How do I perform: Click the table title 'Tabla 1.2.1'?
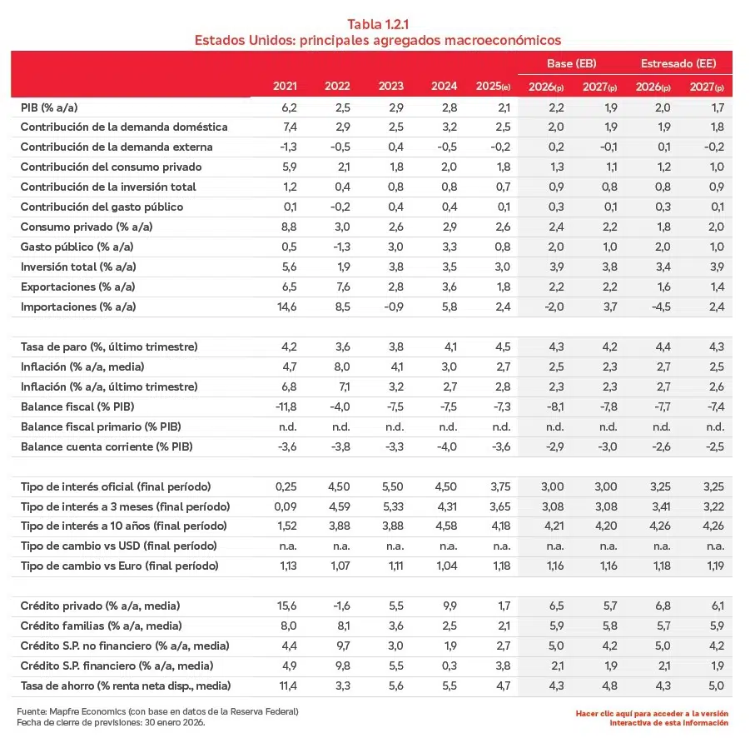[x=377, y=23]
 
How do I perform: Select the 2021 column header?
[x=285, y=87]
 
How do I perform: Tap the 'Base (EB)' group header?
[x=571, y=63]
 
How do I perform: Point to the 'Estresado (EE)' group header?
[x=678, y=63]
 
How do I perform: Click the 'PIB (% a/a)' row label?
[x=50, y=107]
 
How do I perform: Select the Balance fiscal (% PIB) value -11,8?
[x=284, y=406]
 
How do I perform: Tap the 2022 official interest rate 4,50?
[x=337, y=486]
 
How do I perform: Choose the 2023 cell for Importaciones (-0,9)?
[x=390, y=307]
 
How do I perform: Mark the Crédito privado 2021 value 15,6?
[x=285, y=606]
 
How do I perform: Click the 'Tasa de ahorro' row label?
[x=126, y=686]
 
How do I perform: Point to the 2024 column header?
[x=445, y=87]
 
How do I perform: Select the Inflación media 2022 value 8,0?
[x=338, y=367]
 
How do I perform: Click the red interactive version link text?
[x=652, y=718]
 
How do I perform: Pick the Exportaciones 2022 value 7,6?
[x=338, y=287]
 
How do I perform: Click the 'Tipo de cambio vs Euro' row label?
[x=119, y=566]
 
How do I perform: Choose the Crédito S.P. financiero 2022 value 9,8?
[x=338, y=666]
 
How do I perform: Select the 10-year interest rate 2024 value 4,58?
[x=444, y=526]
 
